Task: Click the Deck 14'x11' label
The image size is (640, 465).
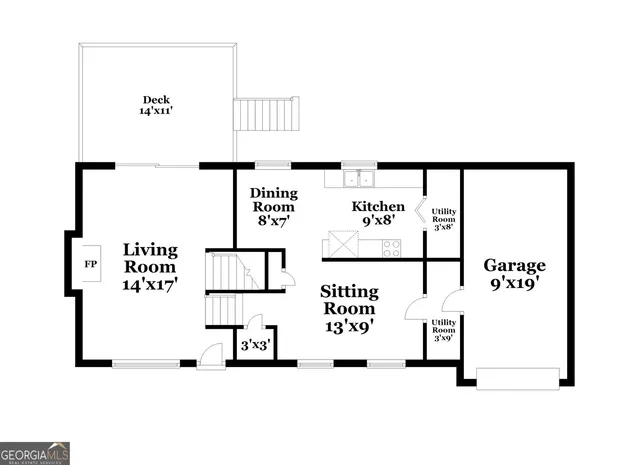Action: coord(155,106)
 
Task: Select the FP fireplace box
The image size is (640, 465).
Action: coord(89,265)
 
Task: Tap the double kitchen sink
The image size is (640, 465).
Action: coord(356,180)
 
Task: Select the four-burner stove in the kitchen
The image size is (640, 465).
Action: coord(391,248)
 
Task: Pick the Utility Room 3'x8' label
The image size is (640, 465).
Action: coord(443,218)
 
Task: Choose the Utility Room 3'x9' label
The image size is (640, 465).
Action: coord(443,329)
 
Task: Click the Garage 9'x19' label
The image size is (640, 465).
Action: coord(515,273)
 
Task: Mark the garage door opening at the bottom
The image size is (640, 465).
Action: coord(518,378)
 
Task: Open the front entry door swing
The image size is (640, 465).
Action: coord(211,354)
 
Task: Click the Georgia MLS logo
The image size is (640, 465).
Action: coord(35,452)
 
